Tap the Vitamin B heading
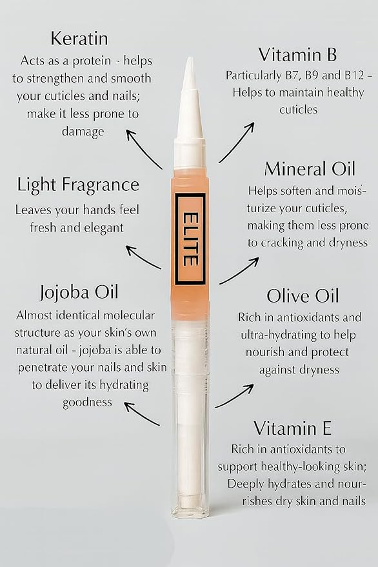(297, 54)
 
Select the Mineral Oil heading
(310, 170)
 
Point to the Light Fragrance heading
(78, 185)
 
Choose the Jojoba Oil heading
(78, 292)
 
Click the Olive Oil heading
(303, 296)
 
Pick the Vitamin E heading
(292, 428)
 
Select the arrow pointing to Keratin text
(143, 148)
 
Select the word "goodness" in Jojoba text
(87, 402)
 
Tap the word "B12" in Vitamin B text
(341, 75)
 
